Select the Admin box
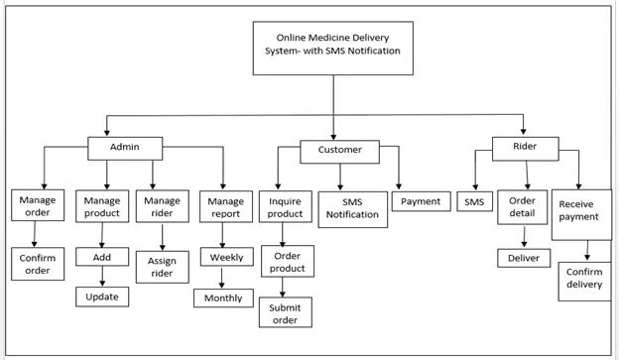click(x=125, y=147)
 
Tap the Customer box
click(x=340, y=151)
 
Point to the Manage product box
click(x=101, y=205)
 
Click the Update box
click(x=101, y=297)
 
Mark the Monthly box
click(x=223, y=298)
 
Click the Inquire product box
click(x=286, y=207)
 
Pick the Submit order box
click(x=286, y=312)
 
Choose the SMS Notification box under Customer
click(x=353, y=207)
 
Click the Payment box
click(x=421, y=201)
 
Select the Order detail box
click(x=522, y=207)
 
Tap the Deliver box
click(x=523, y=258)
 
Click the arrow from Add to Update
click(x=102, y=277)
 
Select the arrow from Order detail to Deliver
click(x=523, y=238)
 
